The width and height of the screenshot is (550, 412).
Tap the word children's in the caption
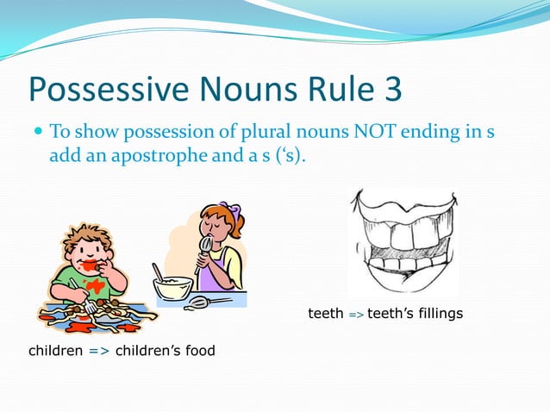[153, 350]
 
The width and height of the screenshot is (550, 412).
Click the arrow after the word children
[99, 350]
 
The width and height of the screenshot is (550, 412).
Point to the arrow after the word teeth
[355, 315]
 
